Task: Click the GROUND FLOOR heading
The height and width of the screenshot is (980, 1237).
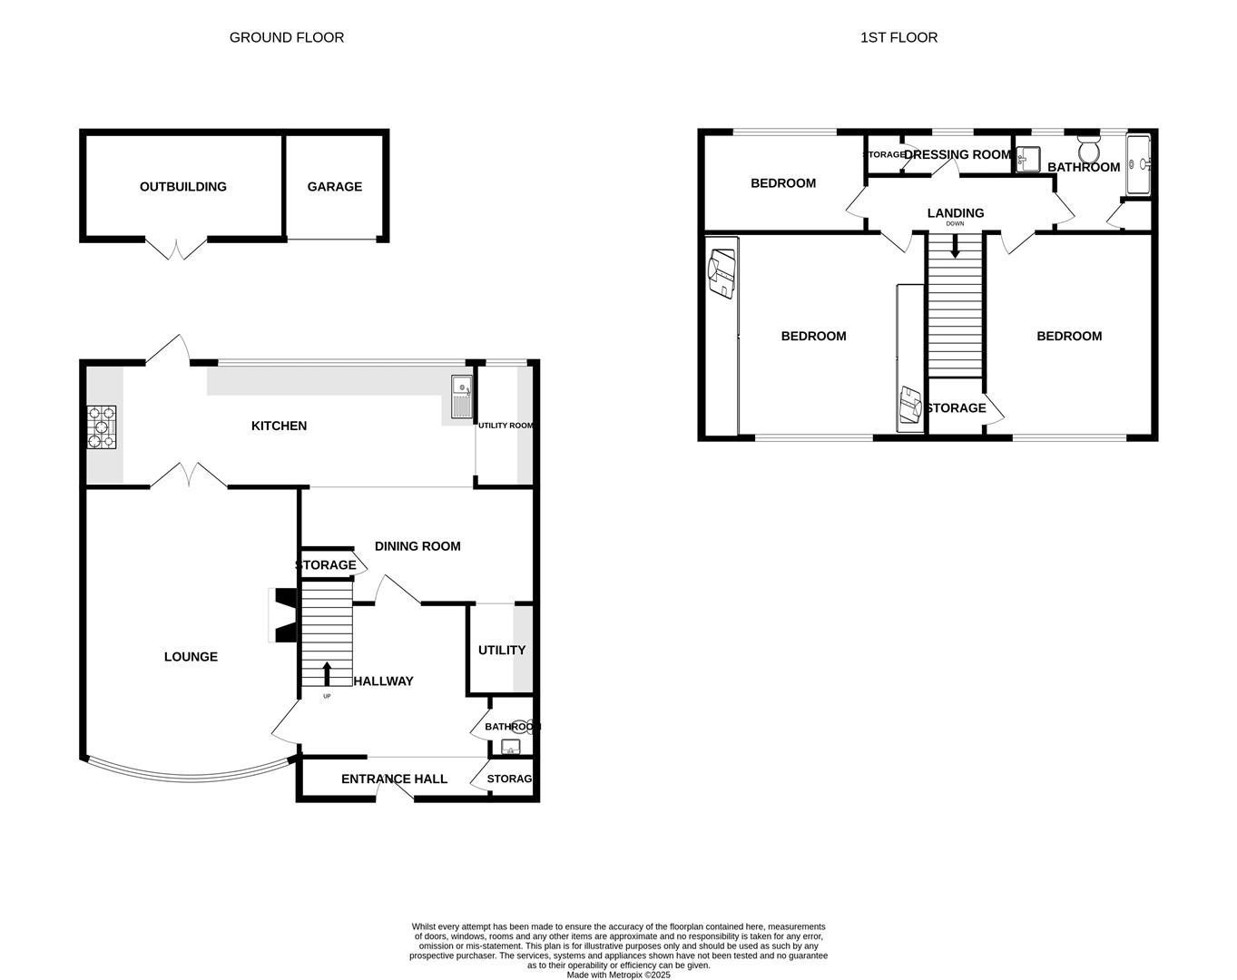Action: click(x=286, y=37)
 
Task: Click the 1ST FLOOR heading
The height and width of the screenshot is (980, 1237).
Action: click(x=898, y=37)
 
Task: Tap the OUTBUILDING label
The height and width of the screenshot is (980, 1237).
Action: click(x=182, y=186)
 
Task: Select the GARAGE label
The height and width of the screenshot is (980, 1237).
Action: click(x=334, y=186)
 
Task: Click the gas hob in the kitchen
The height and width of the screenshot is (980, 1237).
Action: click(x=102, y=427)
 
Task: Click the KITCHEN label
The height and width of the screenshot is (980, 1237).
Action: click(x=279, y=426)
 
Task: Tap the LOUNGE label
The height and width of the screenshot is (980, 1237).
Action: click(x=191, y=656)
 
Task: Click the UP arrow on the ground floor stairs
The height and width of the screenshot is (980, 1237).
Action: click(x=327, y=673)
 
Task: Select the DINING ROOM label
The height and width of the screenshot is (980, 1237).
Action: click(x=417, y=546)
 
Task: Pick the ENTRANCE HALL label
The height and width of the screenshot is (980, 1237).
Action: click(x=394, y=779)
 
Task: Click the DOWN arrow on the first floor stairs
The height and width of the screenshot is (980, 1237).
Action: click(x=954, y=246)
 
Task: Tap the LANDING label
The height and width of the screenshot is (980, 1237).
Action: click(x=955, y=213)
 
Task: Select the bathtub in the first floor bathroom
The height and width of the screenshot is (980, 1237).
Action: click(x=1138, y=164)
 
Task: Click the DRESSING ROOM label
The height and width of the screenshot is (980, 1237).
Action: click(x=957, y=154)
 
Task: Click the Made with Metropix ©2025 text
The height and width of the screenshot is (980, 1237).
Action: click(x=618, y=975)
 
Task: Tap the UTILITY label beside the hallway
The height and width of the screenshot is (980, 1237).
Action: click(x=501, y=650)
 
